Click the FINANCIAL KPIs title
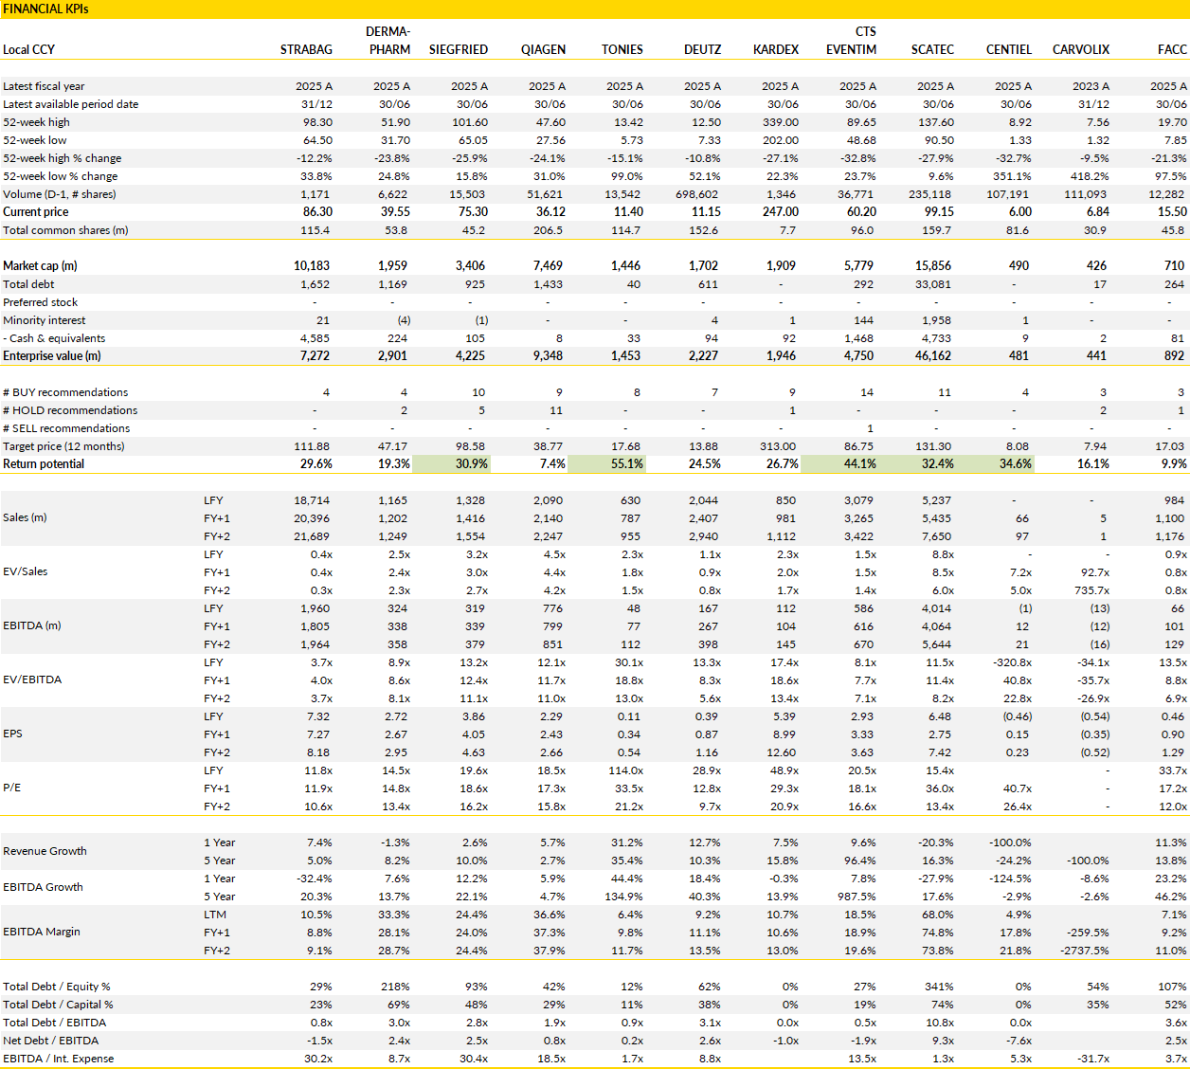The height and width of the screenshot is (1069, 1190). pyautogui.click(x=45, y=9)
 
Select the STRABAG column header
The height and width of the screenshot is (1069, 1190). pyautogui.click(x=306, y=49)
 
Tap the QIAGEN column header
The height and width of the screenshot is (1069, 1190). pyautogui.click(x=543, y=49)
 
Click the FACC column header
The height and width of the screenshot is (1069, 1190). pyautogui.click(x=1172, y=49)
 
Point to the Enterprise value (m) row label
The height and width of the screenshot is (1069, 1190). pyautogui.click(x=52, y=355)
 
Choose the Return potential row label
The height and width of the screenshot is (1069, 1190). pyautogui.click(x=44, y=463)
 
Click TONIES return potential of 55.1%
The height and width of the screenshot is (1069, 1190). pyautogui.click(x=626, y=463)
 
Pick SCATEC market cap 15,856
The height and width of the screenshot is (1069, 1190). pyautogui.click(x=932, y=265)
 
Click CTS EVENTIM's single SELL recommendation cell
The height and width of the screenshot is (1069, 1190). pyautogui.click(x=870, y=428)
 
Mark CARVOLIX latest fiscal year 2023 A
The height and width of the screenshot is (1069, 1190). pyautogui.click(x=1091, y=86)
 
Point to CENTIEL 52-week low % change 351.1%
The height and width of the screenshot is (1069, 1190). pyautogui.click(x=1013, y=176)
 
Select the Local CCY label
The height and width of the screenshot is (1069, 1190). pyautogui.click(x=28, y=49)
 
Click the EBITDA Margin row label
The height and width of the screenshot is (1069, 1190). pyautogui.click(x=41, y=932)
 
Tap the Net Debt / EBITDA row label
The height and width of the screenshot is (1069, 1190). pyautogui.click(x=50, y=1041)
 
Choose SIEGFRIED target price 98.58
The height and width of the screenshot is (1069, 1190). pyautogui.click(x=471, y=446)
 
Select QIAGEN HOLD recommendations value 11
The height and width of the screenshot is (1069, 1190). pyautogui.click(x=556, y=410)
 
